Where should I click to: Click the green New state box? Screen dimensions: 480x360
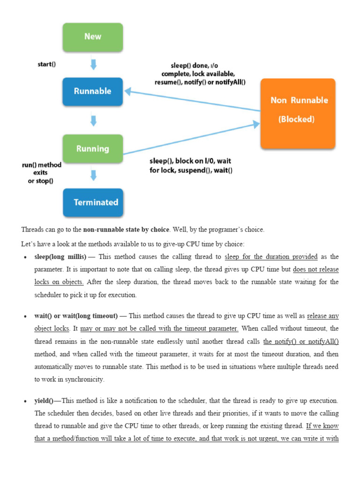(93, 37)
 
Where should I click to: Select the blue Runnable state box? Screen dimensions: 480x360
(93, 91)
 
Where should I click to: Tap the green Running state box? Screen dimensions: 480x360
(93, 149)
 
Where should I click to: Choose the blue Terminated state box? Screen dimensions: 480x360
(93, 202)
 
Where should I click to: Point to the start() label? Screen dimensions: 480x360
(46, 64)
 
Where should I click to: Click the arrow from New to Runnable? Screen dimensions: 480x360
(93, 64)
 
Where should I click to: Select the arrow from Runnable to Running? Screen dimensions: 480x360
(93, 120)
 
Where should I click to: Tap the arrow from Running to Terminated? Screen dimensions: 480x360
(93, 175)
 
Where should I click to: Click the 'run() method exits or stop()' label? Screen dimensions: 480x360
(41, 173)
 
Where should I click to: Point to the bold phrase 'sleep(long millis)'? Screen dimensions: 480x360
(60, 257)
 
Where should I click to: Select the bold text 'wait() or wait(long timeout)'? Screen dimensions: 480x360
(76, 316)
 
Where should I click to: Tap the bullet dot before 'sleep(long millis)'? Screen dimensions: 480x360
(25, 257)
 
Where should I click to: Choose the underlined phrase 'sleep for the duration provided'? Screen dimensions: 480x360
(271, 257)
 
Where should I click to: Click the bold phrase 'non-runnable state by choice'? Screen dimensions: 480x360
(126, 230)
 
